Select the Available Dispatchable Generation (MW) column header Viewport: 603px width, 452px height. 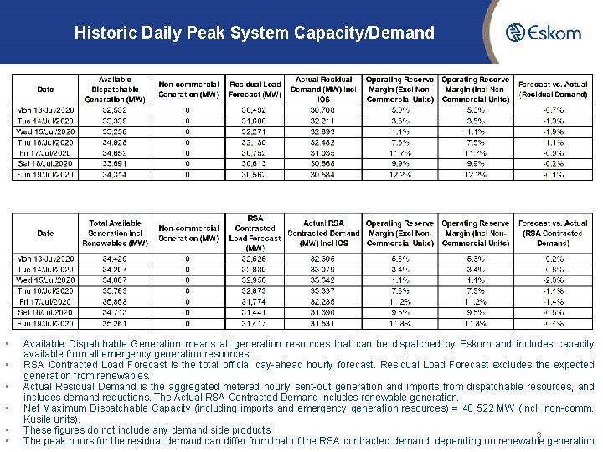pos(116,90)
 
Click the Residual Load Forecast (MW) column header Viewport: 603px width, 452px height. pos(255,90)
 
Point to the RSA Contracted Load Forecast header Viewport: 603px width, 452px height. pos(255,233)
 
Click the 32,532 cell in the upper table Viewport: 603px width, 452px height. pos(116,110)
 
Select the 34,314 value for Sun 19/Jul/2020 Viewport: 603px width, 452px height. pos(116,175)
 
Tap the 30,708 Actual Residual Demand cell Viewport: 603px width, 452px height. pos(324,110)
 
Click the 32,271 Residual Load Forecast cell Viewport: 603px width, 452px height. pos(255,131)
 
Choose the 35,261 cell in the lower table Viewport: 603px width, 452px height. pos(116,323)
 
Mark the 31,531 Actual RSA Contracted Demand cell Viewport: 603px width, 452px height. pos(323,323)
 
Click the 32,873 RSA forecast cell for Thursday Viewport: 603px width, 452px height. pos(255,290)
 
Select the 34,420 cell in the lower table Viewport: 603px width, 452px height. pos(116,259)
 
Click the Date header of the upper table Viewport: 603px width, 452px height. pos(45,90)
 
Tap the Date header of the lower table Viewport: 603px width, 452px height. pos(45,233)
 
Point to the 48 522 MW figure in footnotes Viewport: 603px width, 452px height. pos(493,408)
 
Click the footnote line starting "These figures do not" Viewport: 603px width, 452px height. pos(147,430)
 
